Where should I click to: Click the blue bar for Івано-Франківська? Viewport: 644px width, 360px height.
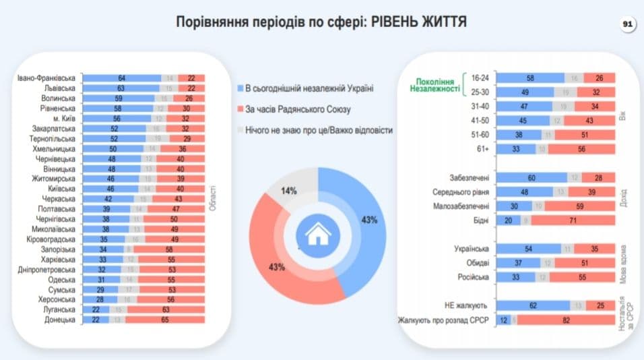tap(121, 78)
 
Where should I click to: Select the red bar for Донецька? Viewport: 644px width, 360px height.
tap(166, 320)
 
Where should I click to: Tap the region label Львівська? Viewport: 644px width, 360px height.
tap(57, 88)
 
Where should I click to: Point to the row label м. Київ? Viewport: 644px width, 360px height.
tap(59, 118)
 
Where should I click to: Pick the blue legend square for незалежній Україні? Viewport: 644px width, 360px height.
tap(240, 88)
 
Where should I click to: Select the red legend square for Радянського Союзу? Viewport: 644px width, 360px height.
tap(240, 109)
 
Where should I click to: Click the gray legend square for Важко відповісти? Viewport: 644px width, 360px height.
tap(240, 130)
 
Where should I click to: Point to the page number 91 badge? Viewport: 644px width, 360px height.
tap(627, 24)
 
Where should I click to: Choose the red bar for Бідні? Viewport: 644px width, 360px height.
tap(575, 220)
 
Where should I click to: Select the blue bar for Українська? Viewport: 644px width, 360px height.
tap(528, 249)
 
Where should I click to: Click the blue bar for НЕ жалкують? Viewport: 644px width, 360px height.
tap(533, 305)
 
